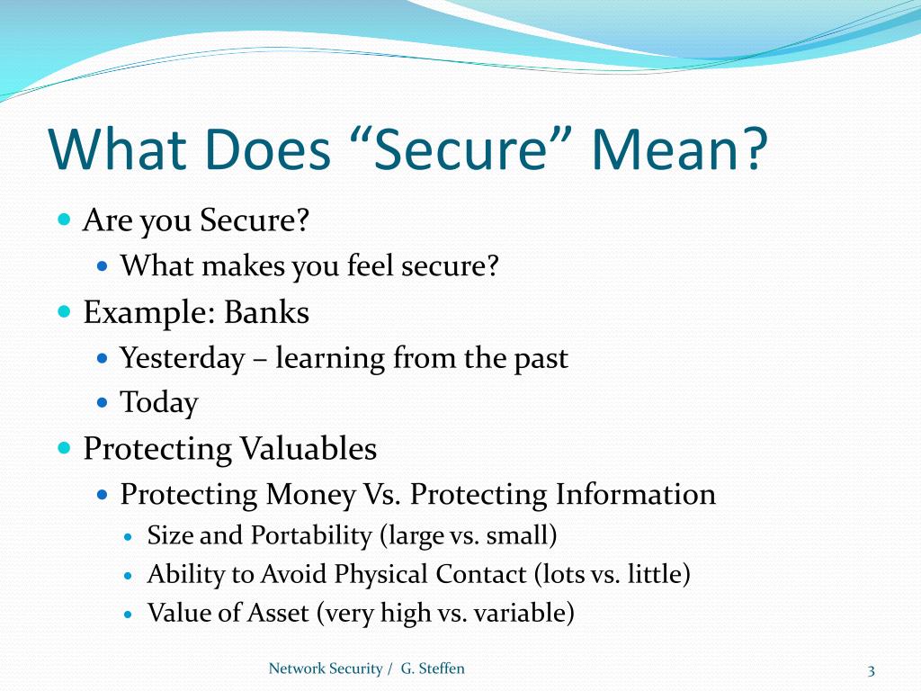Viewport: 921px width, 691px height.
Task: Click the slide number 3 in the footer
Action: tap(871, 669)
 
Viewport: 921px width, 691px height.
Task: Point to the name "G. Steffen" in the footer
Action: tap(433, 669)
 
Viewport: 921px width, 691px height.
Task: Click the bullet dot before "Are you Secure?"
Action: tap(64, 220)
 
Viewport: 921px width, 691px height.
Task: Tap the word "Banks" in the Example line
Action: tap(266, 312)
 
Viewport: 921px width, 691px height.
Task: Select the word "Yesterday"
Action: tap(182, 358)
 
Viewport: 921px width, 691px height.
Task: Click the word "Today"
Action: tap(159, 402)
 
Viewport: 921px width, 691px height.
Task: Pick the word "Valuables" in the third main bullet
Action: tap(307, 448)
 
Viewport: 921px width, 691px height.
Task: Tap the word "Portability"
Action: tap(310, 536)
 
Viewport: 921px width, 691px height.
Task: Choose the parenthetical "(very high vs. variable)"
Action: tap(445, 614)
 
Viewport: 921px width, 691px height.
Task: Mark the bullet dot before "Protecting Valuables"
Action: tap(64, 447)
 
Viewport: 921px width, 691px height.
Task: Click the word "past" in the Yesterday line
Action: tap(541, 358)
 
